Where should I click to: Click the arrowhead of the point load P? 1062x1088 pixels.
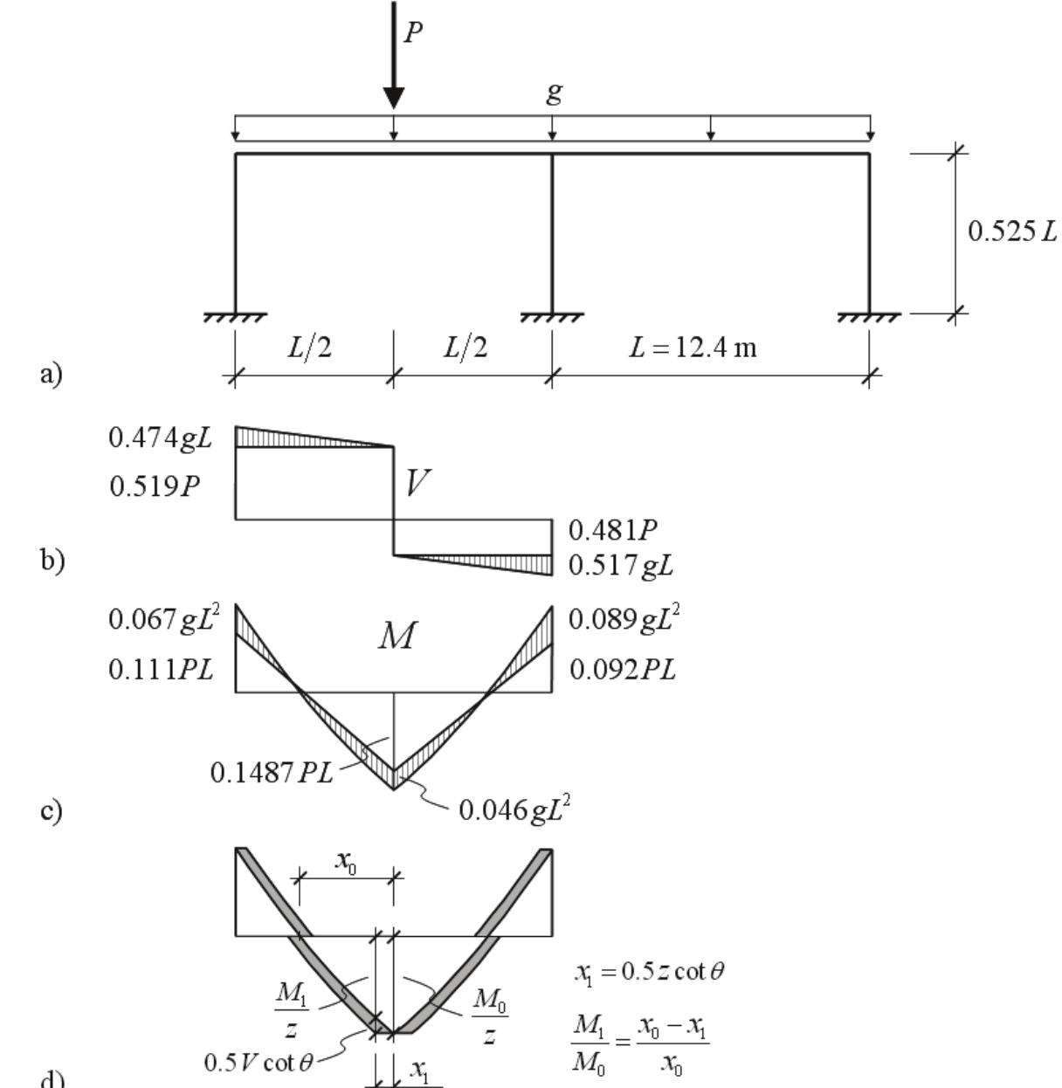[x=394, y=98]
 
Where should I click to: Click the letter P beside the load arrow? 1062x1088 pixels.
[x=413, y=32]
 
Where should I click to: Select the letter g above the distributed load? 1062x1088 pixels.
[x=554, y=93]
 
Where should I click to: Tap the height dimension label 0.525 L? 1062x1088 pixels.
[x=1011, y=231]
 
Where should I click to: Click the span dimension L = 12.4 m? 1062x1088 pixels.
[x=693, y=348]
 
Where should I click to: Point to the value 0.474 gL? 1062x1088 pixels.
[x=161, y=437]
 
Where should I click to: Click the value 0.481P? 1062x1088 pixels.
[x=612, y=530]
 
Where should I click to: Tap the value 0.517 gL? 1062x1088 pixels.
[x=621, y=566]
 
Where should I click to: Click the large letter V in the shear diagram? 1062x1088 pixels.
[x=418, y=482]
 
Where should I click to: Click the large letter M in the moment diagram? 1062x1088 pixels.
[x=397, y=637]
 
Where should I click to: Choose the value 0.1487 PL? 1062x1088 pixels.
[x=272, y=773]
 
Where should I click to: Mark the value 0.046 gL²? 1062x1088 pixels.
[x=514, y=809]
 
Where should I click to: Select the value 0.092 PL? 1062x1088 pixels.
[x=623, y=670]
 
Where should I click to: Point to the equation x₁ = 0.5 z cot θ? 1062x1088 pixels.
[x=649, y=972]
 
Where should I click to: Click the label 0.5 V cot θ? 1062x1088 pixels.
[x=257, y=1063]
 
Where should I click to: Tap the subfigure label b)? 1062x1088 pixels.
[x=52, y=560]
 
